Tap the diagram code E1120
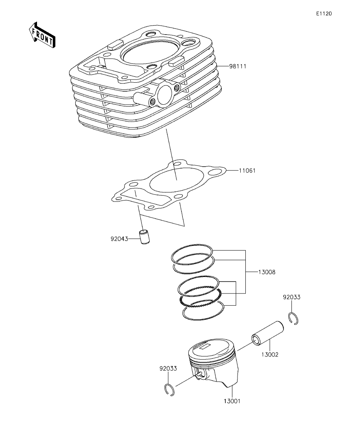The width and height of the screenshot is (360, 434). tap(324, 13)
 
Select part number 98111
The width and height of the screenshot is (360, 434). tap(238, 66)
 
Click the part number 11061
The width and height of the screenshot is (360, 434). tap(247, 170)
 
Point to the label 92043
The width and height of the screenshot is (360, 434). tap(119, 238)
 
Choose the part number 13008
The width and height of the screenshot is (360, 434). tap(267, 272)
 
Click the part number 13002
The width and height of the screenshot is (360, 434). tap(270, 355)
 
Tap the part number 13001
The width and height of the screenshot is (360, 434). tap(232, 401)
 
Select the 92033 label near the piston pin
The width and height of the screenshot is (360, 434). tap(291, 297)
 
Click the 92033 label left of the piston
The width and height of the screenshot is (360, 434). tap(168, 368)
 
